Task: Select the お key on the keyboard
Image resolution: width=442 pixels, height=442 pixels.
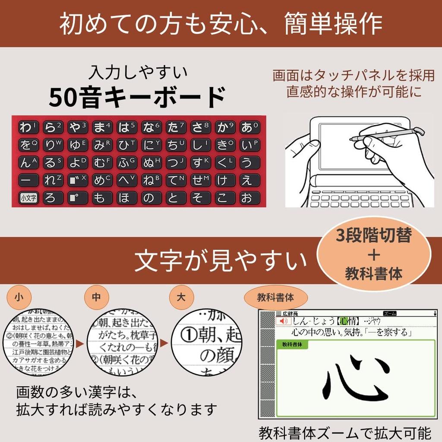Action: point(247,198)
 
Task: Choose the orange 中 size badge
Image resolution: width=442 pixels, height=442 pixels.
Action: point(97,297)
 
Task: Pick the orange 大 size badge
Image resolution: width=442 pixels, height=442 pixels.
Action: point(181,297)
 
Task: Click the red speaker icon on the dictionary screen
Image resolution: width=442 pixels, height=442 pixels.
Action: point(283,322)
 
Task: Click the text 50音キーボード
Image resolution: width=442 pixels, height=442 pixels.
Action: point(137,98)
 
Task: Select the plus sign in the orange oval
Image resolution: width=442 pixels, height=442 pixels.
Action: point(374,255)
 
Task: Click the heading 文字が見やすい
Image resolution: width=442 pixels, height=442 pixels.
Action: point(220,261)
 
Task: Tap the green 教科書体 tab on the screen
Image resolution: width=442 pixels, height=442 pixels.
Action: point(292,344)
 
